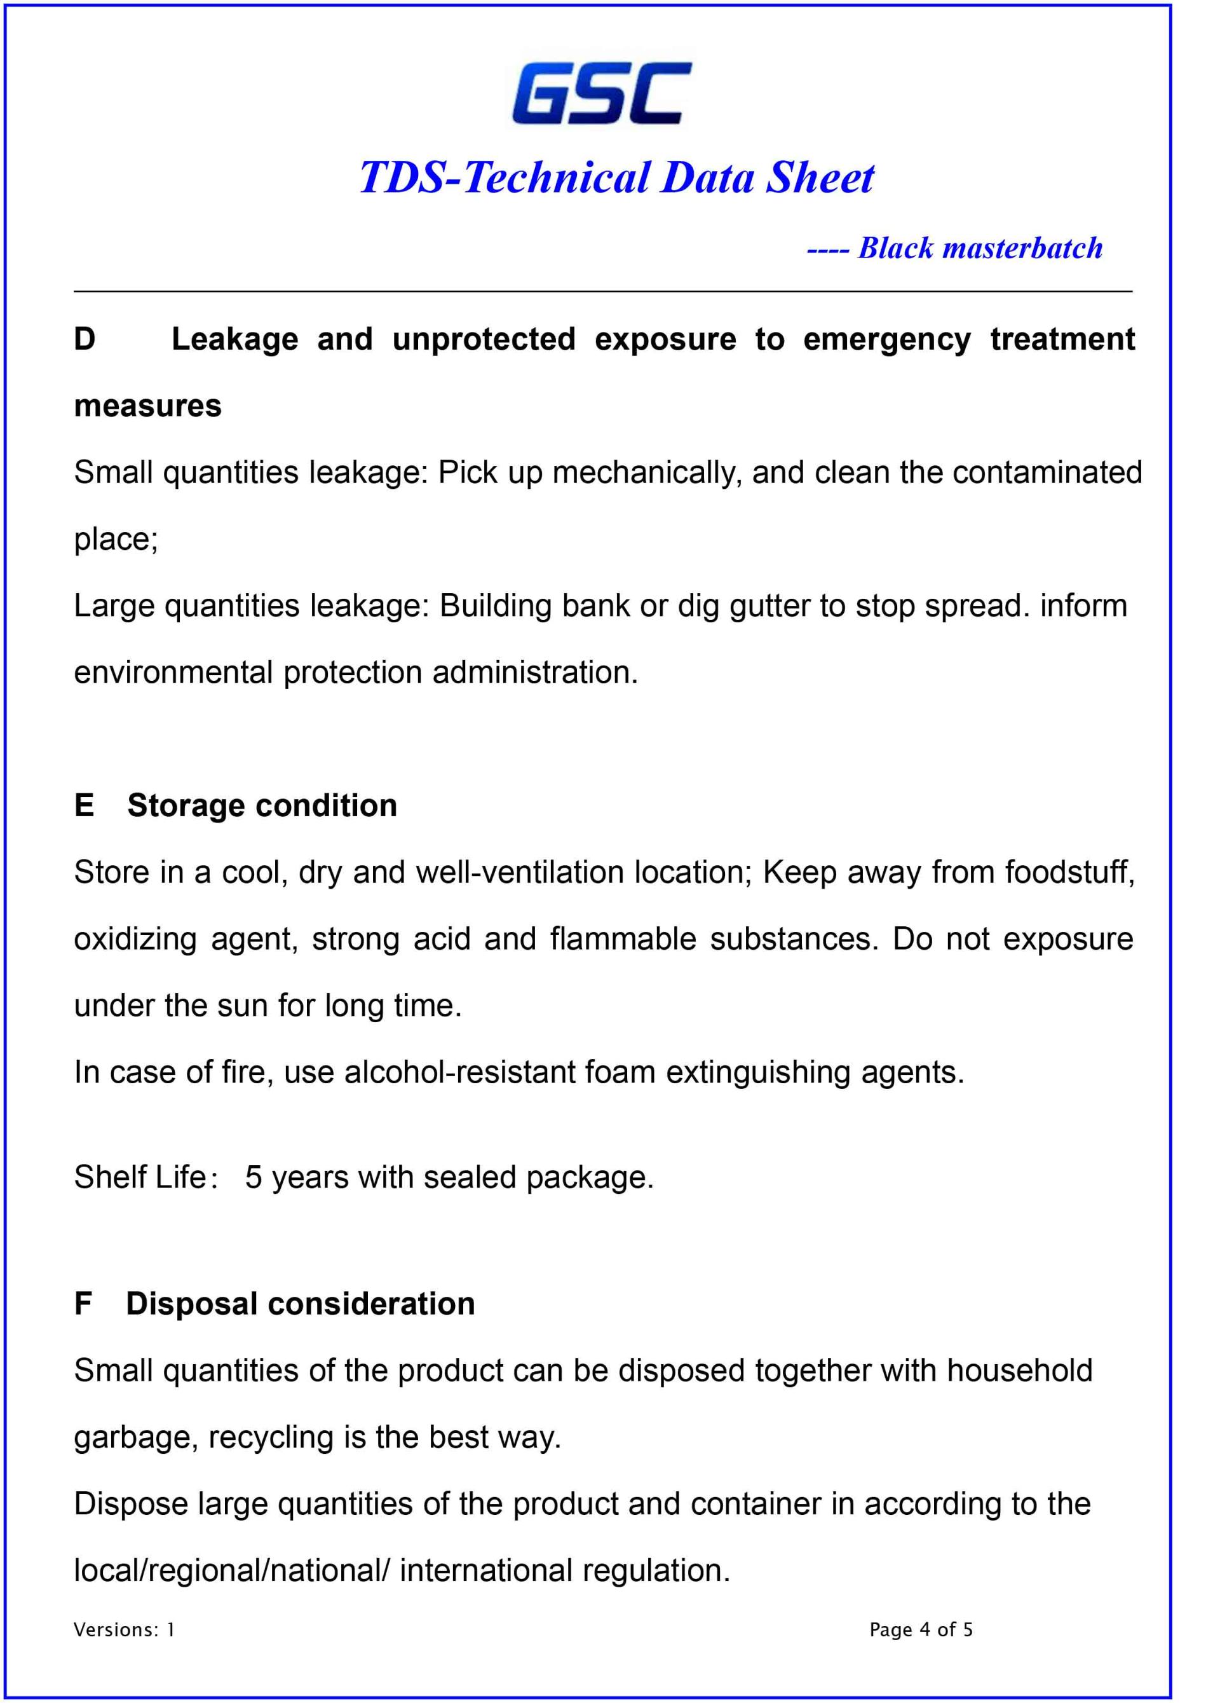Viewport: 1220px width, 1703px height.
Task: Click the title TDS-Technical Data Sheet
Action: coord(616,178)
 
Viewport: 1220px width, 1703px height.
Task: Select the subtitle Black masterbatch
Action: coord(980,248)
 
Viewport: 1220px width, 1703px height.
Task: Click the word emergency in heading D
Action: coord(886,340)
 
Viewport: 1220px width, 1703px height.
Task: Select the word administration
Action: coord(534,672)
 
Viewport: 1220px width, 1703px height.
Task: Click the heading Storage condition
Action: coord(262,805)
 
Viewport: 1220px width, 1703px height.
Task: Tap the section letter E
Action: coord(84,805)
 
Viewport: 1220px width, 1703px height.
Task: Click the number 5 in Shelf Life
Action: coord(253,1177)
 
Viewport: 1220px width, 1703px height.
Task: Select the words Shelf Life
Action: coord(140,1177)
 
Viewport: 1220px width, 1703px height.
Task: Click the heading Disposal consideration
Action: coord(301,1304)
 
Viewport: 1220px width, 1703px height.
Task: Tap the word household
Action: coord(1019,1371)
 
